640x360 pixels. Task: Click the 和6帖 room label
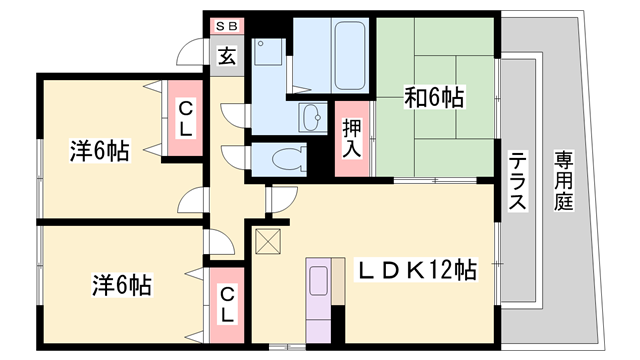[433, 98]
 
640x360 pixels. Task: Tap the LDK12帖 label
[418, 270]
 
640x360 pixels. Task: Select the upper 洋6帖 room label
[99, 152]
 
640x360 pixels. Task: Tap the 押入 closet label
[351, 138]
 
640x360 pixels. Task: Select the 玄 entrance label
[227, 56]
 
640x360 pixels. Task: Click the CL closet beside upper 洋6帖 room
[185, 117]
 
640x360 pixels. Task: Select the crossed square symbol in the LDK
[268, 241]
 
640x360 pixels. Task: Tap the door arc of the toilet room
[237, 159]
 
